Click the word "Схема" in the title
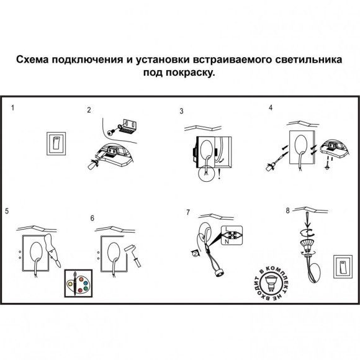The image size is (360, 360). click(35, 61)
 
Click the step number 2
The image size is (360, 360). click(89, 110)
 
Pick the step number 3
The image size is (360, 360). click(181, 112)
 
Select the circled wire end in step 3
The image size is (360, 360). click(202, 177)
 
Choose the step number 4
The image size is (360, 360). click(270, 107)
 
